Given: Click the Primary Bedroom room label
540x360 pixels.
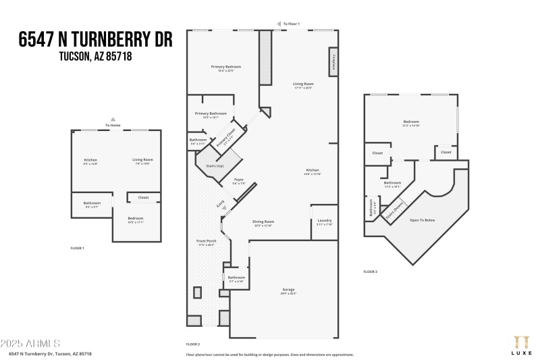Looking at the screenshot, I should click(x=225, y=67).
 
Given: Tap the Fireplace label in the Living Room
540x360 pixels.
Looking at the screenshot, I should click(x=333, y=61).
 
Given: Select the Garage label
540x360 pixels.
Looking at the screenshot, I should click(x=289, y=290).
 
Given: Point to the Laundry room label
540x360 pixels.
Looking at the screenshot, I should click(x=324, y=221).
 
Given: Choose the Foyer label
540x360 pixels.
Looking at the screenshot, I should click(x=239, y=180).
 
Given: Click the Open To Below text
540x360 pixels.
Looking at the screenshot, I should click(x=423, y=220).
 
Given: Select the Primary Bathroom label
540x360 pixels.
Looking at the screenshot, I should click(x=211, y=113).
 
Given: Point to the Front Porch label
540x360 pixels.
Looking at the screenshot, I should click(x=206, y=241).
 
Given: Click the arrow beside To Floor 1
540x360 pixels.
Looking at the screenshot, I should click(x=278, y=24).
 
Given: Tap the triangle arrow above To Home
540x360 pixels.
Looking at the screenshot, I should click(x=113, y=120).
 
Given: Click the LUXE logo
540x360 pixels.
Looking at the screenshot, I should click(x=520, y=344).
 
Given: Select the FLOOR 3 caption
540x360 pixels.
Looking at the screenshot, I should click(x=371, y=271).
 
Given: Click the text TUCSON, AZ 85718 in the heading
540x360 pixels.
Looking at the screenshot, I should click(x=94, y=57).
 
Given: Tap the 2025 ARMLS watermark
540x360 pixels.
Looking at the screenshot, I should click(x=30, y=344).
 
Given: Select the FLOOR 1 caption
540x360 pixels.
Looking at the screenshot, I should click(x=78, y=249).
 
